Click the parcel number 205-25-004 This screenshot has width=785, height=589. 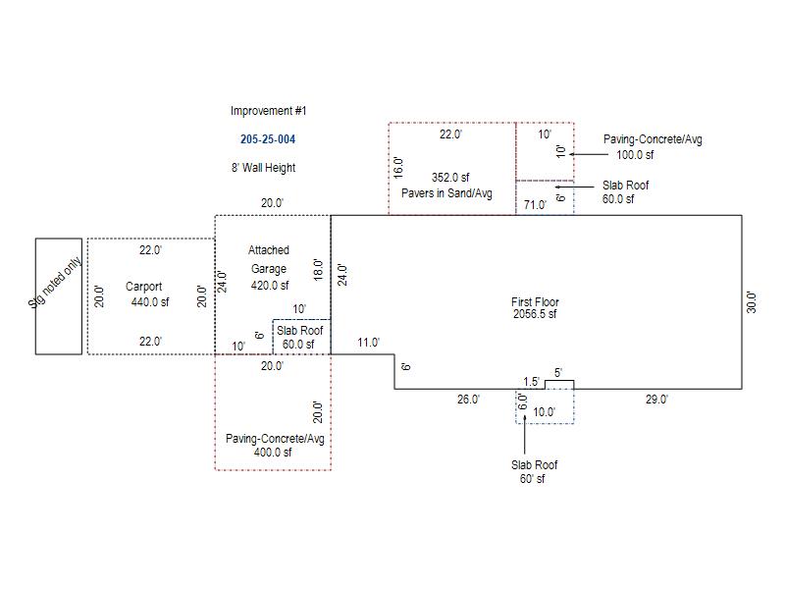[268, 139]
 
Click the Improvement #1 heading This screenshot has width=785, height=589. [268, 111]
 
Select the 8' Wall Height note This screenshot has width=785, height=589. [263, 168]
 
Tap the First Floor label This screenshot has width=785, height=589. [535, 302]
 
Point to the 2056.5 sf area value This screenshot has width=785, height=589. [535, 314]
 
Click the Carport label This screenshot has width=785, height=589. [143, 287]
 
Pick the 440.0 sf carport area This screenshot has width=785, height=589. [150, 302]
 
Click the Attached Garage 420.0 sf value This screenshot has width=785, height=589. [270, 286]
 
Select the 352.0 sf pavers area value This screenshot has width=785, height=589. [450, 178]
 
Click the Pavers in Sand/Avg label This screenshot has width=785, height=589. [446, 193]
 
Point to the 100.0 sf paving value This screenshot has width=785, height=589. [635, 155]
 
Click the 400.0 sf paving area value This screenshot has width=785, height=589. [273, 453]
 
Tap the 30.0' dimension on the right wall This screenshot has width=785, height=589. [751, 302]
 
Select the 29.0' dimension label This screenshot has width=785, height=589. [656, 400]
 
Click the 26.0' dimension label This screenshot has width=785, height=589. [468, 400]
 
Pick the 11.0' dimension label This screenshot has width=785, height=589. [369, 343]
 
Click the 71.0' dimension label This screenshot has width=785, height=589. [535, 205]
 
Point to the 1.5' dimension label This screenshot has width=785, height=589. [531, 382]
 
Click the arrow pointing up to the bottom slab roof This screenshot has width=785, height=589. [525, 436]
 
